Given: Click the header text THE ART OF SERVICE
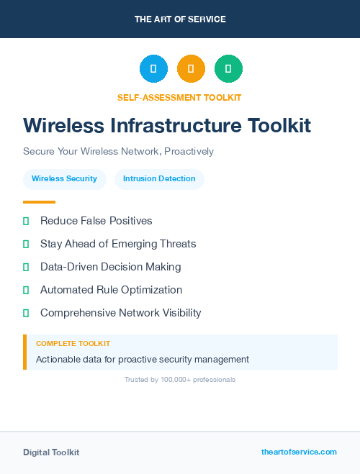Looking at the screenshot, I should (x=180, y=19).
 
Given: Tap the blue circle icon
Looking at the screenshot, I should (x=153, y=69).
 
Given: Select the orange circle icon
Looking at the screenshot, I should (x=191, y=69).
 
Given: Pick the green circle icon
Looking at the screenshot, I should (x=228, y=69).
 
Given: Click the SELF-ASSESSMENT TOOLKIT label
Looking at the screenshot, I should (x=179, y=97).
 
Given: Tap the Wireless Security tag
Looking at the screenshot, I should (x=64, y=178).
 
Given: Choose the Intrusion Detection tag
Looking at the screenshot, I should (x=159, y=178).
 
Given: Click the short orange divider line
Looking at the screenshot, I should (x=39, y=202).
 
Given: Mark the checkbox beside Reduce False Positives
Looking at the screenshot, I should (x=26, y=221).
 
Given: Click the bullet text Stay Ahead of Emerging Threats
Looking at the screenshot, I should (x=118, y=244).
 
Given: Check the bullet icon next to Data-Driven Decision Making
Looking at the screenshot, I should (x=26, y=267).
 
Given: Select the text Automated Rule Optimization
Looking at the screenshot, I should (x=111, y=290).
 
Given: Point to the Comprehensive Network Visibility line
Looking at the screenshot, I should (x=121, y=313).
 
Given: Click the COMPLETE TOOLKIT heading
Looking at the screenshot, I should (x=73, y=344).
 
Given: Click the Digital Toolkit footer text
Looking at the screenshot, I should (x=51, y=452).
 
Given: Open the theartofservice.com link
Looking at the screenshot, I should (x=299, y=452).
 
